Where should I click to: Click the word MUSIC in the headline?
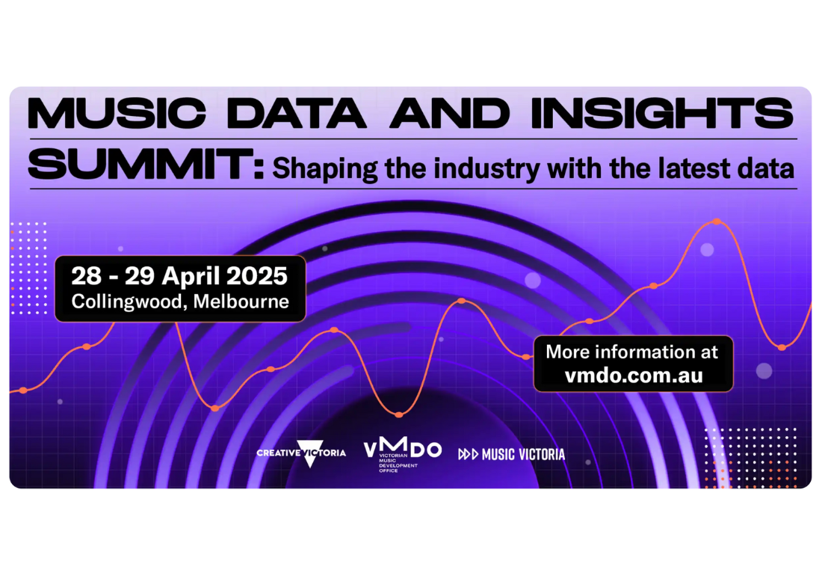(117, 113)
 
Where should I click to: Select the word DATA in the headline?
(297, 113)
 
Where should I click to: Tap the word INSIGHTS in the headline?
(663, 113)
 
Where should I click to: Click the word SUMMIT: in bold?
(146, 164)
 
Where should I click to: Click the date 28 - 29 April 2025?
(179, 276)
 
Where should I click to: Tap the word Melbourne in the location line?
(241, 301)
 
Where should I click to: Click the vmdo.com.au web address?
(633, 376)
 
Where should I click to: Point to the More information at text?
(631, 352)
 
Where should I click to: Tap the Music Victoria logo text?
(523, 454)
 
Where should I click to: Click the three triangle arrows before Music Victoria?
(468, 454)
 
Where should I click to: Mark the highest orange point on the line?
(717, 221)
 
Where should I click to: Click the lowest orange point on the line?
(399, 414)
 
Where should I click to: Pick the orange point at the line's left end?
(23, 390)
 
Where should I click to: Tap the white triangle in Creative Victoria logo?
(310, 453)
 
